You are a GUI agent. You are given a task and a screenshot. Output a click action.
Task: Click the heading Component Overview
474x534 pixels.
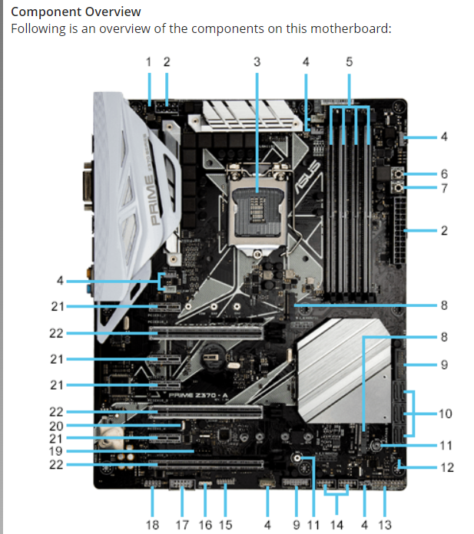(75, 12)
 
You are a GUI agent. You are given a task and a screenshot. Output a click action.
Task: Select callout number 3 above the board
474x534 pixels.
(257, 61)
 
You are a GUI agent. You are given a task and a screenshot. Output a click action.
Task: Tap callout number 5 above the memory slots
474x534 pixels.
(349, 61)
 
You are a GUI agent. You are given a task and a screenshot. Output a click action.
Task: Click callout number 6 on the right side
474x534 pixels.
(443, 173)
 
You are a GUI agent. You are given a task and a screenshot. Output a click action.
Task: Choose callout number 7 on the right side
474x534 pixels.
(443, 188)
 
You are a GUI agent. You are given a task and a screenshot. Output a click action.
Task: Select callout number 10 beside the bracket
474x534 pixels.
(445, 414)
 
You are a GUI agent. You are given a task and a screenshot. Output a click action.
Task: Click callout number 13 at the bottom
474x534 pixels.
(385, 525)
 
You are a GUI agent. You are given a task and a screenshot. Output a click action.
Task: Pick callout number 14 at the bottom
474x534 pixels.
(337, 525)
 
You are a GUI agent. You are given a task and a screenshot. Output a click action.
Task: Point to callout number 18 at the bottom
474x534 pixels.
(152, 525)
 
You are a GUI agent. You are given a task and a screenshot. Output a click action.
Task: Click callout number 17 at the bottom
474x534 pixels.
(183, 525)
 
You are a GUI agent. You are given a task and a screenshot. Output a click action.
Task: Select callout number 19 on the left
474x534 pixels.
(56, 451)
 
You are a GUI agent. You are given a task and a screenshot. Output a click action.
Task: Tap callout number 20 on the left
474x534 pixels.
(56, 425)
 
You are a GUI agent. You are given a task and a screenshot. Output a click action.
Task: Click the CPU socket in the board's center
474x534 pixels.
(257, 196)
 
